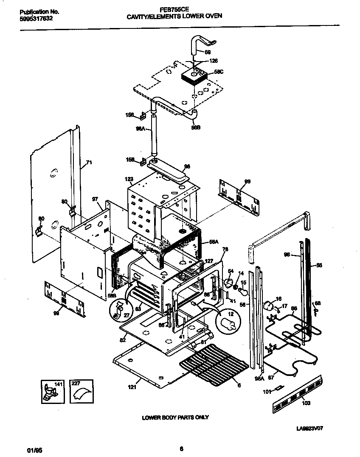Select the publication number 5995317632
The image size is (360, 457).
pyautogui.click(x=37, y=19)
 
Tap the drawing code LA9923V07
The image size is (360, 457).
pyautogui.click(x=312, y=428)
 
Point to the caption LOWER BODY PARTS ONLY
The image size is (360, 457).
pyautogui.click(x=175, y=418)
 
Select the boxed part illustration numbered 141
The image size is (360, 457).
pyautogui.click(x=51, y=391)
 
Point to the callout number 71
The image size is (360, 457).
pyautogui.click(x=88, y=163)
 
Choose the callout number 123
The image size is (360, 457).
pyautogui.click(x=129, y=179)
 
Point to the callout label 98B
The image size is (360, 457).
pyautogui.click(x=195, y=126)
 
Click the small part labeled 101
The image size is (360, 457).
pyautogui.click(x=278, y=388)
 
